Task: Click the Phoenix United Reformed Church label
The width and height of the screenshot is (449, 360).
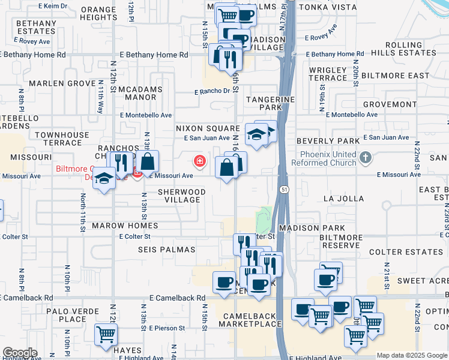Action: pos(328,158)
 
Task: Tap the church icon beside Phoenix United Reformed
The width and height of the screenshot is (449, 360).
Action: pos(366,158)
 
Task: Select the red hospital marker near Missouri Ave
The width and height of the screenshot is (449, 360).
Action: pos(199,161)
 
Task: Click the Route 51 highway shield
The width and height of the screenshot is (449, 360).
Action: pos(282,189)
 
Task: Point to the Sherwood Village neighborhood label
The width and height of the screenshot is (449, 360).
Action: pos(181,196)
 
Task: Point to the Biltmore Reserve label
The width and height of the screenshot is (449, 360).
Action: pos(341,242)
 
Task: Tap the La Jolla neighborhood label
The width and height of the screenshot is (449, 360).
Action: pos(343,198)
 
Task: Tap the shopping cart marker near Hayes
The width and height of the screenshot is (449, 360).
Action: pos(106,334)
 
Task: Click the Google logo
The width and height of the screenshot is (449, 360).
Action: pos(20,353)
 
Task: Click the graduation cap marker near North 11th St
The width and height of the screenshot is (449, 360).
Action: pos(104,179)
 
